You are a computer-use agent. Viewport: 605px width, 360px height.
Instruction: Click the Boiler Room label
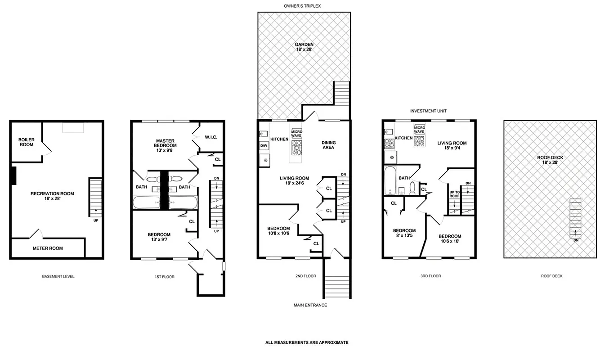[x=26, y=142]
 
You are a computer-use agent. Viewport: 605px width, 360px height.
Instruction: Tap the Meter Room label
[x=48, y=248]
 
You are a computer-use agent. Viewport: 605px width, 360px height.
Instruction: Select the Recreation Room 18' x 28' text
[x=52, y=196]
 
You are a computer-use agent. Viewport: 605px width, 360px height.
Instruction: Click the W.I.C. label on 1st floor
[x=211, y=137]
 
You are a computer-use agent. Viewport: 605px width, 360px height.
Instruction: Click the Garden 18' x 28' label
[x=304, y=47]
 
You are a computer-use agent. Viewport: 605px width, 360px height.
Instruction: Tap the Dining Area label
[x=328, y=145]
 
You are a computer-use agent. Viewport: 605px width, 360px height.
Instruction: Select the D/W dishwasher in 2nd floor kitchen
[x=264, y=146]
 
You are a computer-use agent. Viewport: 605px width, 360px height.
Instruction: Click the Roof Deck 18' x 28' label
[x=550, y=160]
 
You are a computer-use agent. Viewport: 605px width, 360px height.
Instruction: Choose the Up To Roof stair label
[x=454, y=194]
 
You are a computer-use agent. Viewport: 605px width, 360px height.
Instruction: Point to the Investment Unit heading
[x=428, y=111]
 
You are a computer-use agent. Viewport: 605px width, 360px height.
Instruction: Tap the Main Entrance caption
[x=310, y=305]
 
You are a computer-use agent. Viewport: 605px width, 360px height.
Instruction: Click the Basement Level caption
[x=58, y=276]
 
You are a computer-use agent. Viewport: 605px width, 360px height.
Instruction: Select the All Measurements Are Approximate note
[x=307, y=342]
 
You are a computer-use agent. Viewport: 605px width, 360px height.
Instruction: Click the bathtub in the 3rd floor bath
[x=390, y=180]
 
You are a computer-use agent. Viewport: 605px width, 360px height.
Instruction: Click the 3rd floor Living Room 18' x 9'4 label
[x=452, y=145]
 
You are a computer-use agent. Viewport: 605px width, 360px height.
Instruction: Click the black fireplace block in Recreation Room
[x=13, y=175]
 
